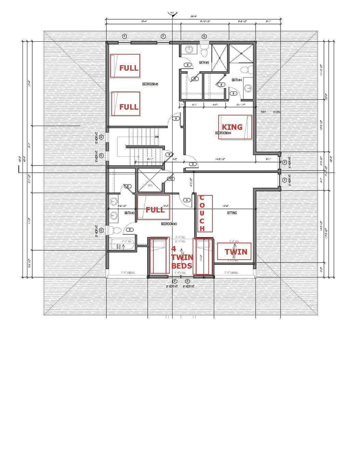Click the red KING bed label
click(x=232, y=127)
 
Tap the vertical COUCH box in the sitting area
click(x=202, y=213)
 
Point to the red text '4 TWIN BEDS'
click(x=182, y=257)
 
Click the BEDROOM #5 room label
click(x=150, y=84)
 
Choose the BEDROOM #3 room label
click(x=169, y=224)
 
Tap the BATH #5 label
click(x=204, y=63)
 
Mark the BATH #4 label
click(x=237, y=80)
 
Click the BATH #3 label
click(x=129, y=213)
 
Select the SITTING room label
click(x=232, y=213)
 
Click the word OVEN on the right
click(x=277, y=112)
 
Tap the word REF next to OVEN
click(x=264, y=112)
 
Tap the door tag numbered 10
click(x=171, y=179)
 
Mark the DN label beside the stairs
click(x=157, y=137)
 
